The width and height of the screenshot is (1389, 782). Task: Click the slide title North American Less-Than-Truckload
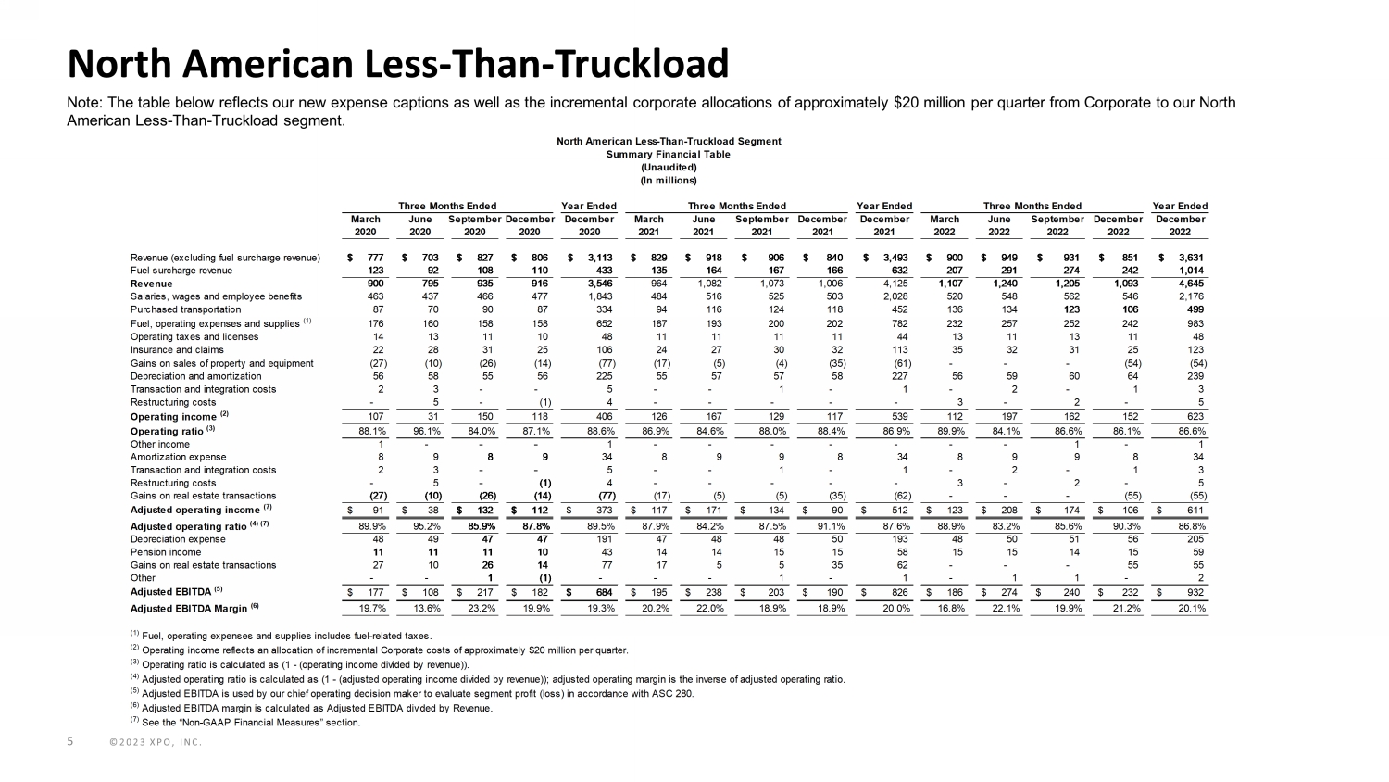(x=398, y=64)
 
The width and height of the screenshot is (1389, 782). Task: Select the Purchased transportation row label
(x=185, y=309)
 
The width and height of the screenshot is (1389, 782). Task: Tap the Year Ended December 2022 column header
(x=1180, y=219)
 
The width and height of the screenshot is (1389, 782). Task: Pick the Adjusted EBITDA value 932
(x=1194, y=591)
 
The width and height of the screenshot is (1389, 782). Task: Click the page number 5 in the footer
(x=70, y=741)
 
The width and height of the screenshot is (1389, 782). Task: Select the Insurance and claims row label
(x=177, y=350)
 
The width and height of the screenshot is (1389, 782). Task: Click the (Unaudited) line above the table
(x=668, y=167)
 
